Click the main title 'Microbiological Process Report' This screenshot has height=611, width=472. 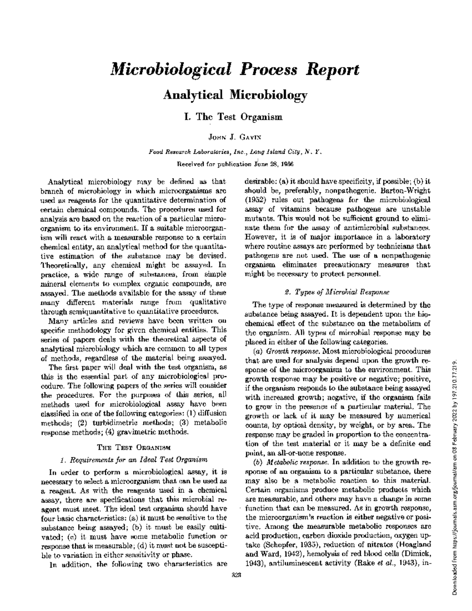(235, 70)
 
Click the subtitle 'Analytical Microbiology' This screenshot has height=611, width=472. (235, 95)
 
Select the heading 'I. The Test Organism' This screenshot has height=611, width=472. (235, 117)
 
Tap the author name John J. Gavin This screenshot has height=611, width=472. (235, 137)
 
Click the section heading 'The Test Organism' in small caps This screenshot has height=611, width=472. (133, 447)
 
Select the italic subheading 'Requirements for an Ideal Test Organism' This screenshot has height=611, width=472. (133, 460)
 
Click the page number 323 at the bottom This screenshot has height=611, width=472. (236, 575)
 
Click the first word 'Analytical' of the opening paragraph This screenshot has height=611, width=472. (64, 182)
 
